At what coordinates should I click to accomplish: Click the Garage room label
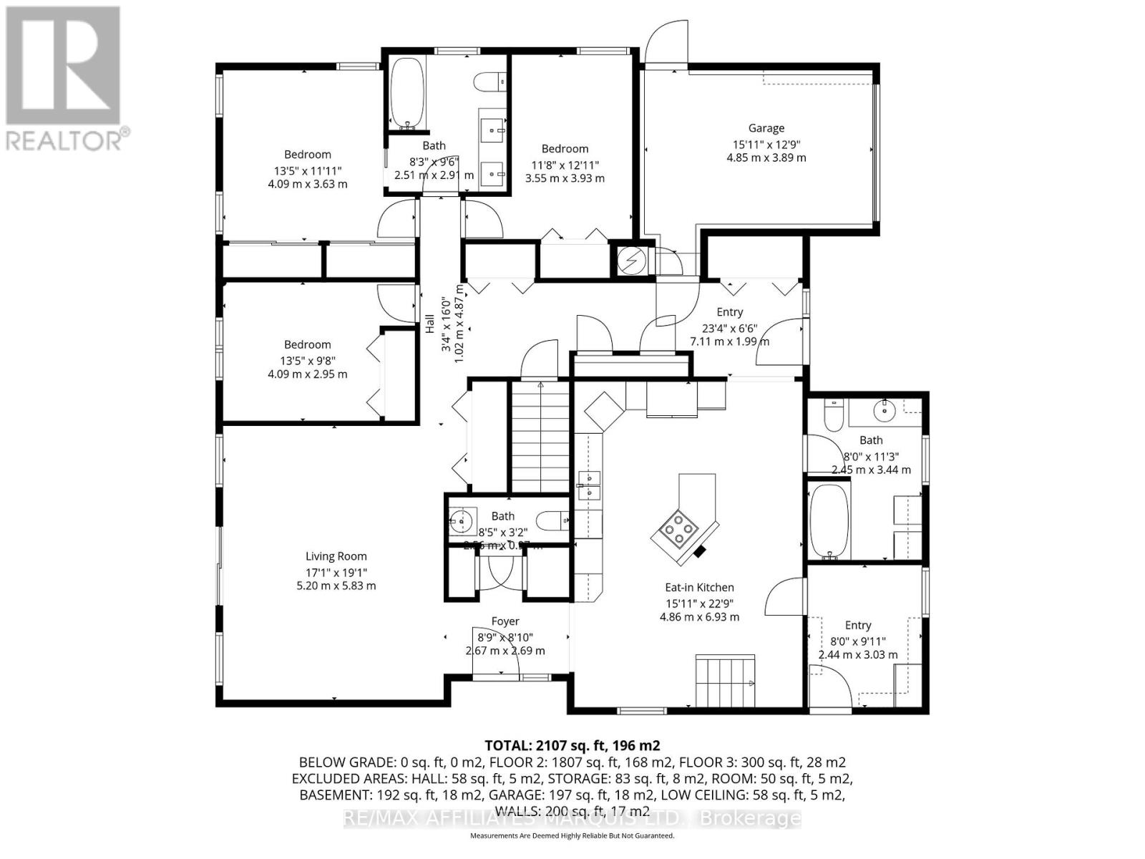pyautogui.click(x=766, y=128)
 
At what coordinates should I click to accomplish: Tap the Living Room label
pyautogui.click(x=336, y=556)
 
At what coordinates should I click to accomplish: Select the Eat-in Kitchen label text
pyautogui.click(x=699, y=588)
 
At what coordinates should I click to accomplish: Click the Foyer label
pyautogui.click(x=505, y=621)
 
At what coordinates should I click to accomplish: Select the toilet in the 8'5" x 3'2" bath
pyautogui.click(x=554, y=520)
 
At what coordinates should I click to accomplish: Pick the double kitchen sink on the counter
pyautogui.click(x=590, y=485)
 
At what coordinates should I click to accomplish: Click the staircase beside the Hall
pyautogui.click(x=540, y=438)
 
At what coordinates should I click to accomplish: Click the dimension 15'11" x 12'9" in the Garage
pyautogui.click(x=766, y=144)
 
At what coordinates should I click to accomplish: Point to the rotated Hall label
pyautogui.click(x=430, y=324)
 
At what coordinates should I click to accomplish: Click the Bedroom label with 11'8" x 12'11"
pyautogui.click(x=565, y=149)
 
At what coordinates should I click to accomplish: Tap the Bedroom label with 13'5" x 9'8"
pyautogui.click(x=307, y=344)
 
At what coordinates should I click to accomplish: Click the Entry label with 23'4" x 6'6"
pyautogui.click(x=729, y=312)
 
